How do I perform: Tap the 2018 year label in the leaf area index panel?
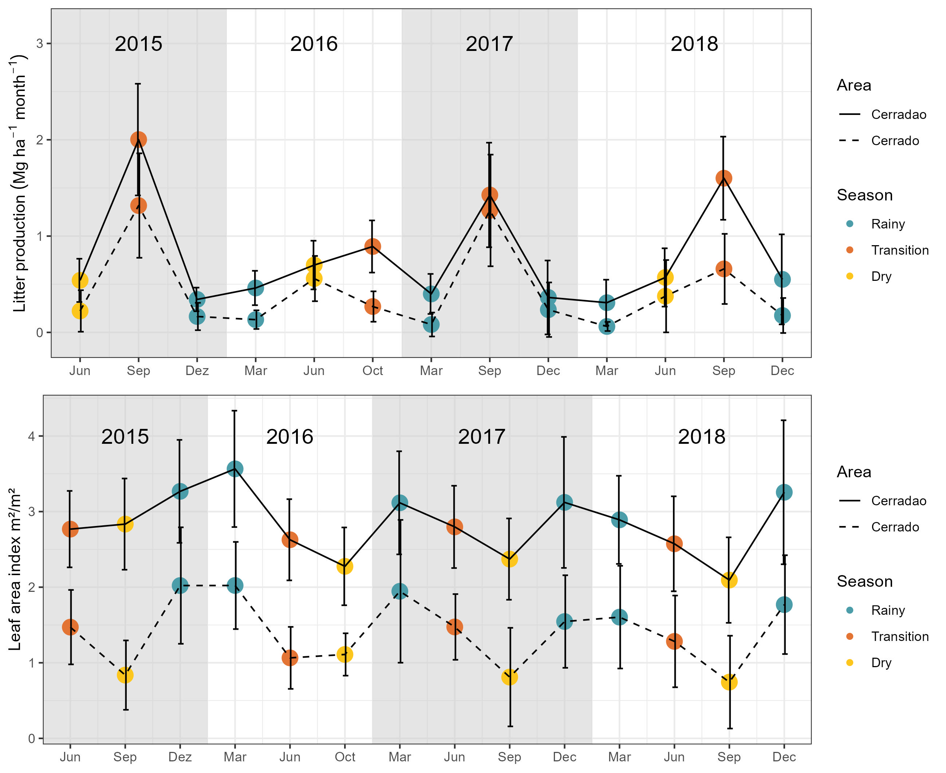point(701,437)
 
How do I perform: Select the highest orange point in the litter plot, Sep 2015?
point(139,139)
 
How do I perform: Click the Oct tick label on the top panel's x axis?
point(373,370)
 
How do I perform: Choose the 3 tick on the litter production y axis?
point(40,44)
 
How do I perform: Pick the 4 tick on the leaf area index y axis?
point(32,436)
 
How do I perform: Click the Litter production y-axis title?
point(19,183)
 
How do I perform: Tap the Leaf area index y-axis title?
point(15,570)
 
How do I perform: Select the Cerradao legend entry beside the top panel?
point(898,115)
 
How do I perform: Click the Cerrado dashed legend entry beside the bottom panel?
point(895,527)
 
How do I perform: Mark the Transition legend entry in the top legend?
point(900,250)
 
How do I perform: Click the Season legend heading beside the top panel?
point(864,195)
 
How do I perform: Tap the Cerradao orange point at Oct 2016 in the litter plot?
point(373,246)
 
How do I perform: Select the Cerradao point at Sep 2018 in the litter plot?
point(724,178)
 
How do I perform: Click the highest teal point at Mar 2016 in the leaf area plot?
point(235,469)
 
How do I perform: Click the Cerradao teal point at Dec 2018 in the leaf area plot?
point(784,492)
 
